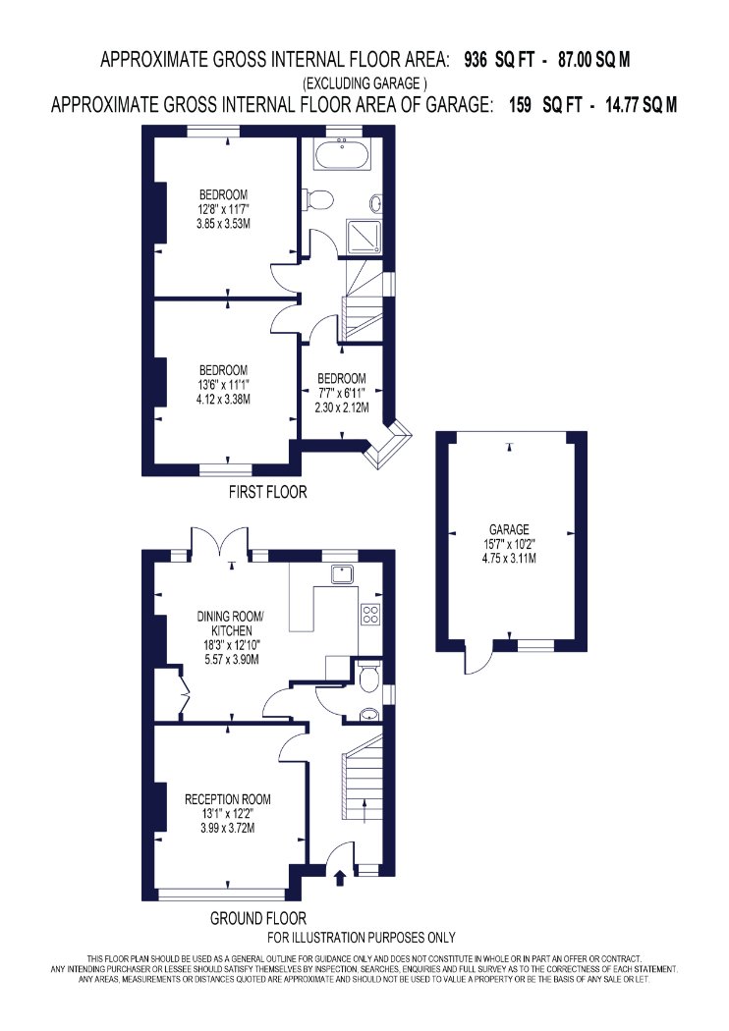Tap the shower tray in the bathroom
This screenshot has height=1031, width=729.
click(x=364, y=236)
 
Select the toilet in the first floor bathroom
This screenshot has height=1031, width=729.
click(x=317, y=198)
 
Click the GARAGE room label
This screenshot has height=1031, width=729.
click(x=509, y=529)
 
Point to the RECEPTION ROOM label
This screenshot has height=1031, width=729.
click(x=228, y=799)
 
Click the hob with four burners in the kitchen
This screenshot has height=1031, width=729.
click(x=370, y=613)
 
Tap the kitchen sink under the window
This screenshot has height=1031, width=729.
click(x=342, y=574)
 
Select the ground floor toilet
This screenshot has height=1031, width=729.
click(x=368, y=677)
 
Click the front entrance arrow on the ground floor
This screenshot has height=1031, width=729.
click(x=340, y=877)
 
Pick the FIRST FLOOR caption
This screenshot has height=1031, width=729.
click(x=268, y=492)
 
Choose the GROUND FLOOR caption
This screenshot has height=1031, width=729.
click(x=258, y=918)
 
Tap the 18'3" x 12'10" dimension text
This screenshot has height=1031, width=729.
click(x=228, y=646)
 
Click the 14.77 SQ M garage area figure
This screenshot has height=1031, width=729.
click(x=641, y=105)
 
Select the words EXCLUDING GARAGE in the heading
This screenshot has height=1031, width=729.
click(x=364, y=83)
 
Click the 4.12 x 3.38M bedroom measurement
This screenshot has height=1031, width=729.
click(x=224, y=399)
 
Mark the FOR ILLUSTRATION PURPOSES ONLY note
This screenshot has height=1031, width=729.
click(x=362, y=938)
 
